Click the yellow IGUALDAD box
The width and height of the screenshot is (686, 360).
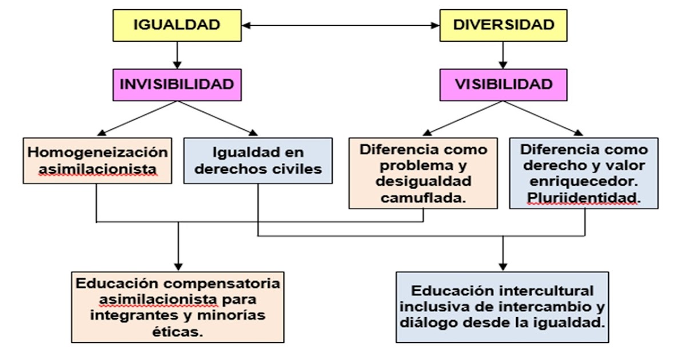click(176, 26)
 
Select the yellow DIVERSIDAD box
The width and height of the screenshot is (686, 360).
click(503, 26)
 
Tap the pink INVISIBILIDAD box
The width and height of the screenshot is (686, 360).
click(176, 85)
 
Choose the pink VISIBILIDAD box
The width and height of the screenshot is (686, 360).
click(503, 85)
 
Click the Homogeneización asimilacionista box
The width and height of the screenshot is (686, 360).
click(98, 161)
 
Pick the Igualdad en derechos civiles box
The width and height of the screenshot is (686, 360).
click(258, 161)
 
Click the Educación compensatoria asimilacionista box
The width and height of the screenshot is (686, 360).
click(178, 307)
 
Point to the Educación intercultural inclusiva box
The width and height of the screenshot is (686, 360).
click(502, 306)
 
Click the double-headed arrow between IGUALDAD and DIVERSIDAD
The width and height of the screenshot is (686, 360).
click(342, 25)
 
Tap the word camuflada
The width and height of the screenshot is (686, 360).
click(424, 197)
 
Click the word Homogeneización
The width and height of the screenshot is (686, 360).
click(98, 152)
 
